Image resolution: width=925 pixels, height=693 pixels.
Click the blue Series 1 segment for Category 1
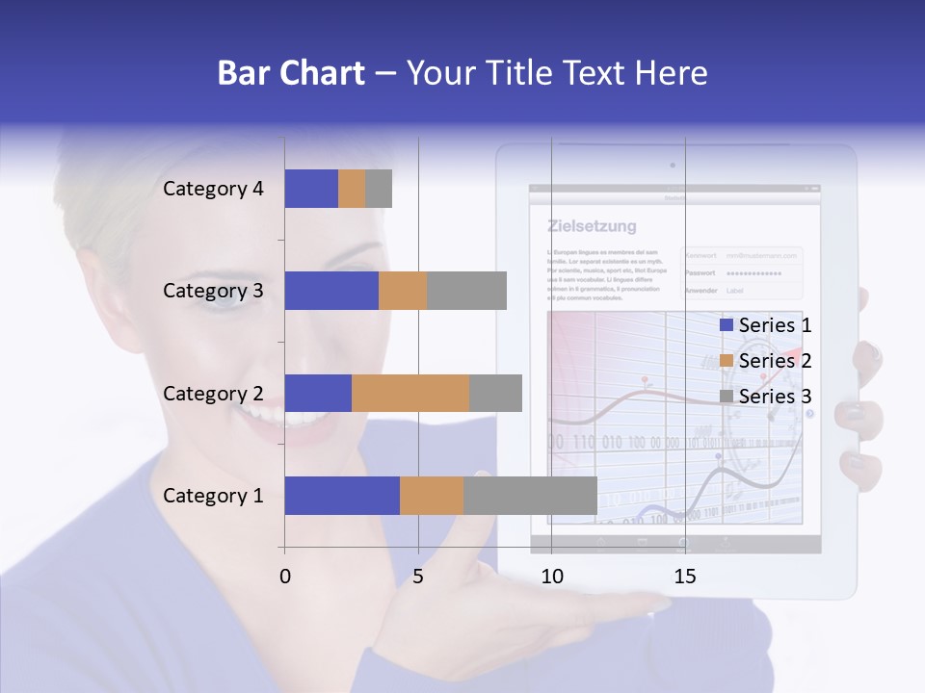[342, 496]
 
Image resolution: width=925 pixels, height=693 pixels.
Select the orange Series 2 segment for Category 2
[410, 394]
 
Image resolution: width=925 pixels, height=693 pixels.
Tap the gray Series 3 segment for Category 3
[466, 291]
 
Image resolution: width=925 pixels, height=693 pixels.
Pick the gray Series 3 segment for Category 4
[379, 189]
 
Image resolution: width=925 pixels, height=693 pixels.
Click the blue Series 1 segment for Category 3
[331, 291]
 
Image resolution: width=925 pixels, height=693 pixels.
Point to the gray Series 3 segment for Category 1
[530, 496]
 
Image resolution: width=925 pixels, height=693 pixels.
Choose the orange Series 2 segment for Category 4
[352, 189]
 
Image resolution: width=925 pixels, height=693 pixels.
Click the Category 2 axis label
[213, 394]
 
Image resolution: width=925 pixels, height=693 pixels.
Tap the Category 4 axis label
[213, 189]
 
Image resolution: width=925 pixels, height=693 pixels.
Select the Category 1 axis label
[213, 496]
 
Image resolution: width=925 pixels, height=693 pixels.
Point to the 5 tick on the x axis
[418, 577]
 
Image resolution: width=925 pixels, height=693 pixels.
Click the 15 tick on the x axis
[685, 577]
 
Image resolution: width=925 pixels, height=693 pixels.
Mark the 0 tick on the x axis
[285, 577]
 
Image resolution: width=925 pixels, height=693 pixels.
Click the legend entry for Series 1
[766, 325]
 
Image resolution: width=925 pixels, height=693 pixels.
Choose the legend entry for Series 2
[766, 361]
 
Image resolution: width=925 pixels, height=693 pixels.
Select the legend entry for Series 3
[766, 397]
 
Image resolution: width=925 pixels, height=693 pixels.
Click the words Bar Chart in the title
[291, 73]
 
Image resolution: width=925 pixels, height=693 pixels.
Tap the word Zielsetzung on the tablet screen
[592, 227]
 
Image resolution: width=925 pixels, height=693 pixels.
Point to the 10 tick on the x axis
[551, 577]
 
